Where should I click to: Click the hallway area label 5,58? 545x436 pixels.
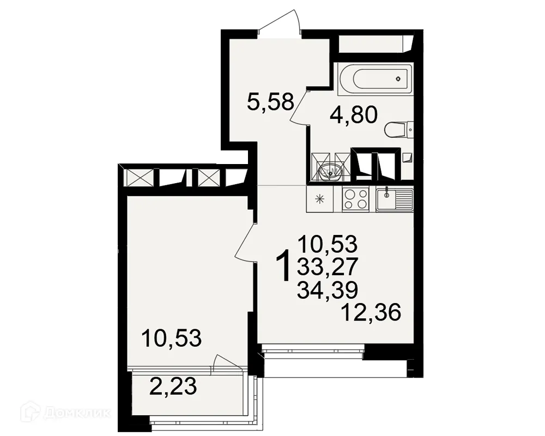pos(271,101)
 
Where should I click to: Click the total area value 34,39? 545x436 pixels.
pos(328,289)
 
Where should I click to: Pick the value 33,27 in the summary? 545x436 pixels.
pos(328,266)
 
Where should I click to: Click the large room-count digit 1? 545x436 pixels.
pos(283,266)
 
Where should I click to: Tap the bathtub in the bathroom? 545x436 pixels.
pos(375,78)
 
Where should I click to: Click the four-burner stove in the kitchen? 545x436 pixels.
pos(355,199)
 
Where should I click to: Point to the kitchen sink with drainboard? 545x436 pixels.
pos(395,199)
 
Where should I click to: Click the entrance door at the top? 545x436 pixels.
pos(280,25)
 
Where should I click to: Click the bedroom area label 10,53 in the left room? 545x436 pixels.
pos(171,338)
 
